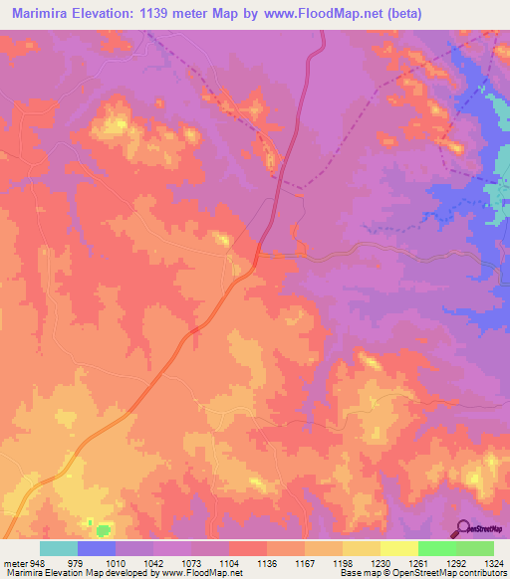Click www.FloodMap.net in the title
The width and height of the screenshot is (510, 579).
click(329, 14)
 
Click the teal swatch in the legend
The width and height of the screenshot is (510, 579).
click(59, 548)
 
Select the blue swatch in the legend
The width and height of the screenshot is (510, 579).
click(97, 548)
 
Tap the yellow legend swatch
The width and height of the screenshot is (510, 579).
click(399, 548)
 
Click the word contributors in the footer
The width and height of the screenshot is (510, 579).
click(482, 573)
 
